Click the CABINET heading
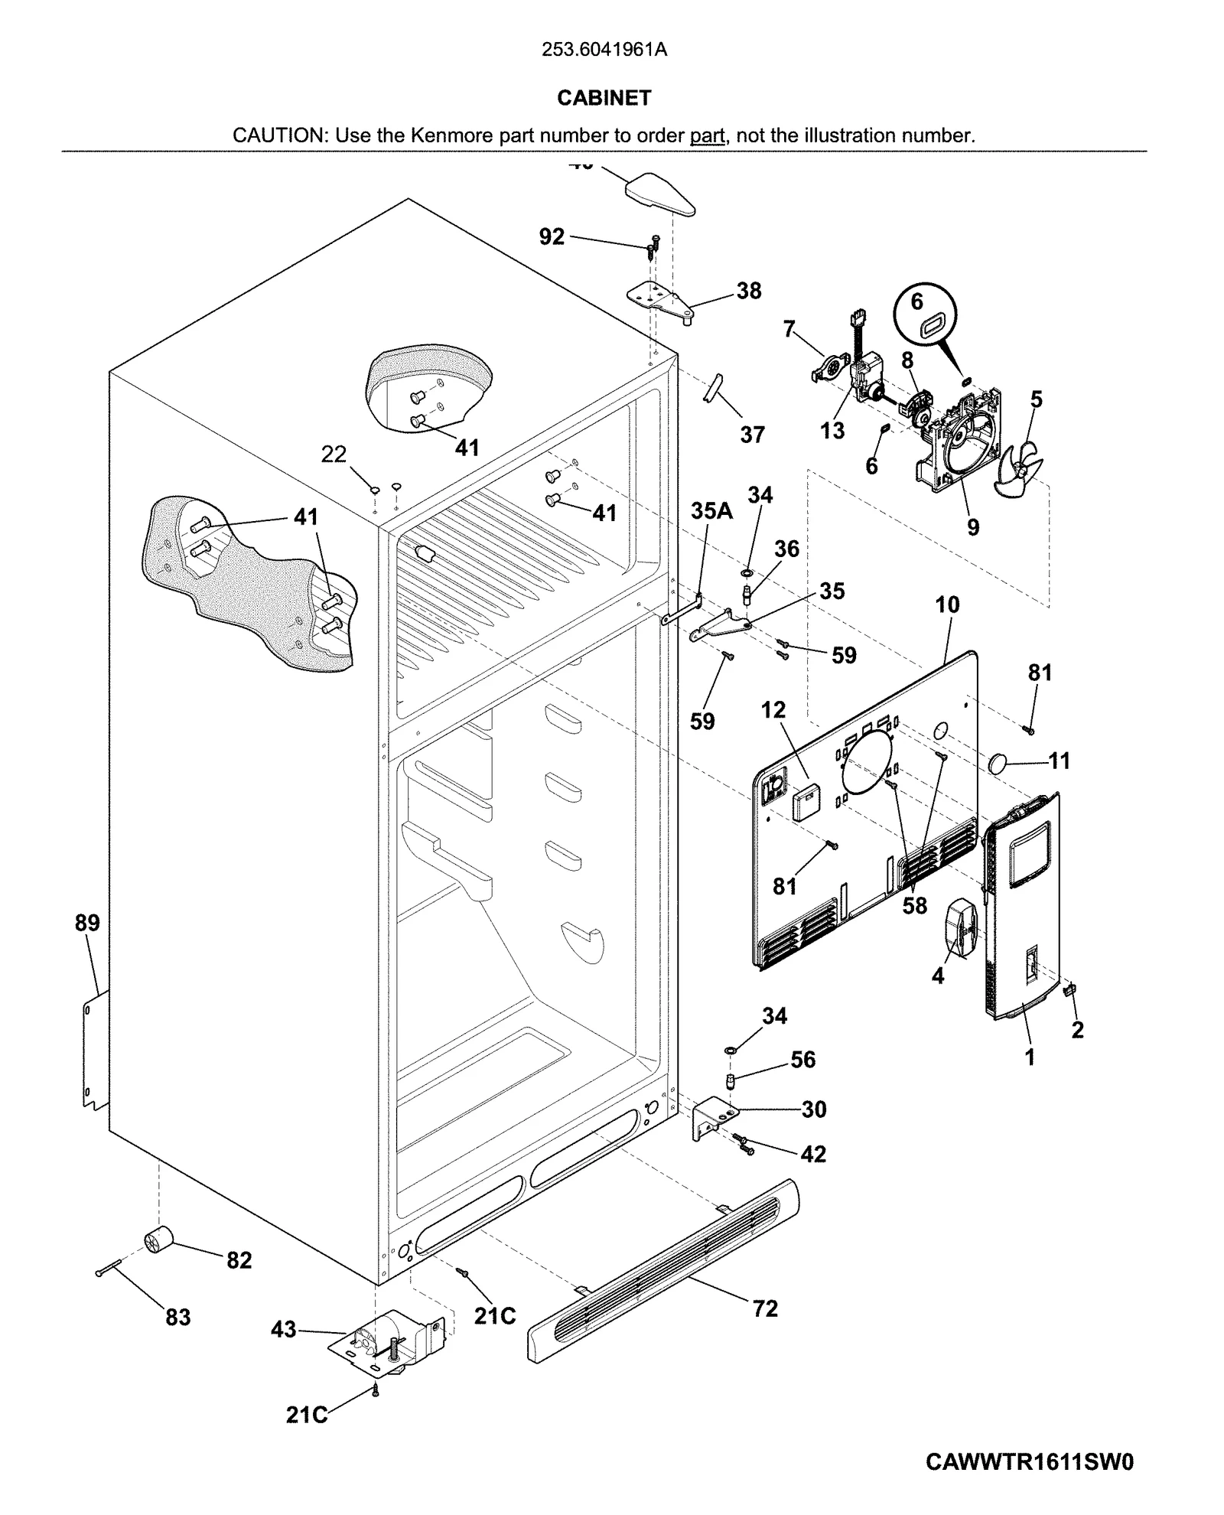[x=604, y=98]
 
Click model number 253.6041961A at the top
[x=604, y=50]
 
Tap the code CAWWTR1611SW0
[x=1029, y=1462]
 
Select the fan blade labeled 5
[x=1020, y=468]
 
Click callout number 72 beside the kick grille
[x=764, y=1308]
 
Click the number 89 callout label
[x=87, y=923]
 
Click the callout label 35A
[x=711, y=510]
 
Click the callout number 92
[x=552, y=236]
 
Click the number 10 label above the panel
[x=947, y=604]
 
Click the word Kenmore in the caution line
[x=444, y=136]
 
